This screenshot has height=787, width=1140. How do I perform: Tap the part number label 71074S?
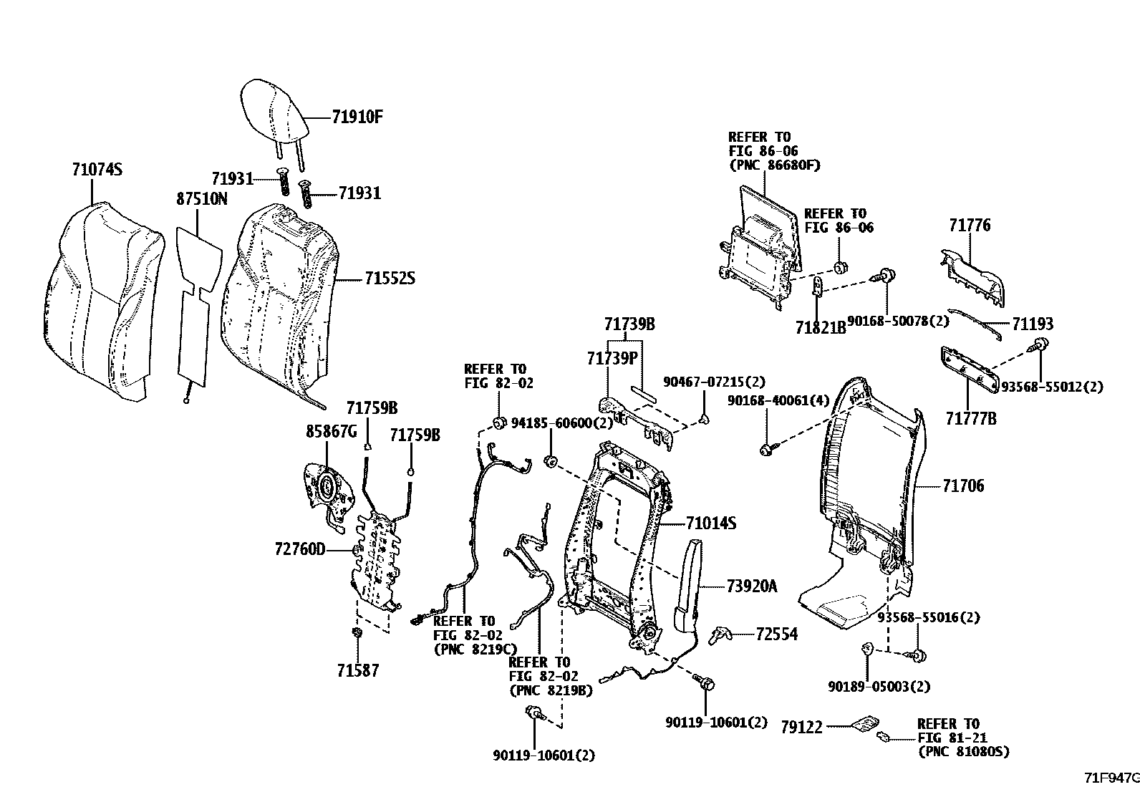(97, 170)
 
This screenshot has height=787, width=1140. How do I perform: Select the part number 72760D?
(299, 549)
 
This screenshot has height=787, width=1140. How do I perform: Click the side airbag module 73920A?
(690, 584)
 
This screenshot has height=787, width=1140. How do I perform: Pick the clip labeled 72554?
(718, 634)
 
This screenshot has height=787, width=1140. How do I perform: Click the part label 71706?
(963, 486)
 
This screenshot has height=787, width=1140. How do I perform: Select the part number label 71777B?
(970, 419)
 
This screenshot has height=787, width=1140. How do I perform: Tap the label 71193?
(1033, 324)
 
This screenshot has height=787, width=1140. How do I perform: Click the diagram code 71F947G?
(1110, 777)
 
